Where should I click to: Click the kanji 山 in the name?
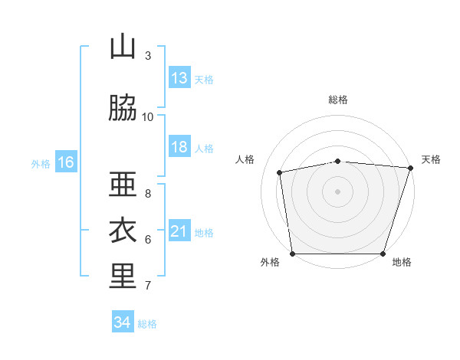tap(123, 46)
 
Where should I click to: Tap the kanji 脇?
tap(123, 107)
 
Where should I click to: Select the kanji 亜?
tap(123, 184)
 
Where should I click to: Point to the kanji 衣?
tap(123, 230)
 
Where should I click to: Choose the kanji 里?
tap(123, 276)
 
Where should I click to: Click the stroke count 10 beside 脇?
tap(147, 117)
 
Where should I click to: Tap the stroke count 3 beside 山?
tap(148, 56)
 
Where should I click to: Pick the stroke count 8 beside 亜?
tap(148, 194)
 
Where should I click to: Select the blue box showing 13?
tap(179, 77)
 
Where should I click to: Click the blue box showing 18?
tap(179, 146)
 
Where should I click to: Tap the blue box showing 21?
tap(179, 230)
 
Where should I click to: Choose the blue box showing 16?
tap(66, 162)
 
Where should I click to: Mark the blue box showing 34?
tap(123, 321)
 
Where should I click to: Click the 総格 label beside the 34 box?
tap(147, 324)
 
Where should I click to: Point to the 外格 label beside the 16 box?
tap(41, 164)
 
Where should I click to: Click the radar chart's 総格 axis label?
tap(338, 100)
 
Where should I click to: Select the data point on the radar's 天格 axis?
tap(411, 168)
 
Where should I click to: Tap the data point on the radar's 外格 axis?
tap(293, 254)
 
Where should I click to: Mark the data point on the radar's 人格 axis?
tap(280, 172)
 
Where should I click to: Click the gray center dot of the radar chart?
tap(337, 191)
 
